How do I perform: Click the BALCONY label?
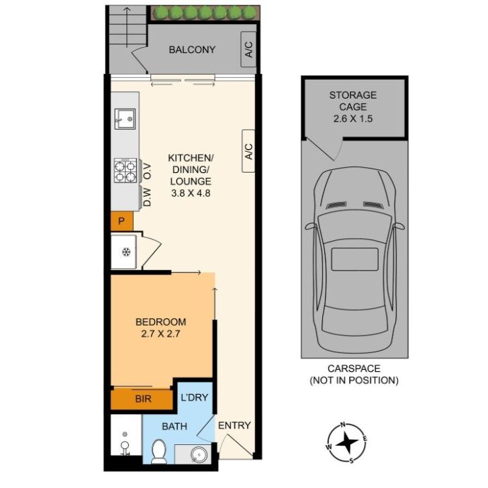(x=192, y=50)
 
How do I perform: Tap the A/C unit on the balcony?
(x=248, y=49)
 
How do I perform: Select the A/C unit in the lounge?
(x=248, y=151)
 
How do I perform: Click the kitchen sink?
(x=125, y=119)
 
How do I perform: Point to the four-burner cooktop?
(x=126, y=170)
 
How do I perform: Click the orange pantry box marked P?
(x=122, y=222)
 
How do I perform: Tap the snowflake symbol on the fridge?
(x=126, y=252)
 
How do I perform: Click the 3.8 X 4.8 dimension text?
(x=191, y=193)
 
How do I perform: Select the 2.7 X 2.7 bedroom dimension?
(x=160, y=334)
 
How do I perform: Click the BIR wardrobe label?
(x=143, y=399)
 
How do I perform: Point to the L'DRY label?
(x=195, y=397)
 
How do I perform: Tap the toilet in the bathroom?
(x=159, y=450)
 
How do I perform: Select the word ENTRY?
(x=234, y=426)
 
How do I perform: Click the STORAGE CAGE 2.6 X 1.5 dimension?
(x=353, y=119)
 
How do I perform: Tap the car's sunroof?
(x=355, y=259)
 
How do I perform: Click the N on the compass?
(x=343, y=424)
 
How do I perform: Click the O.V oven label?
(x=147, y=172)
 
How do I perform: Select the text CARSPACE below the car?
(x=354, y=369)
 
